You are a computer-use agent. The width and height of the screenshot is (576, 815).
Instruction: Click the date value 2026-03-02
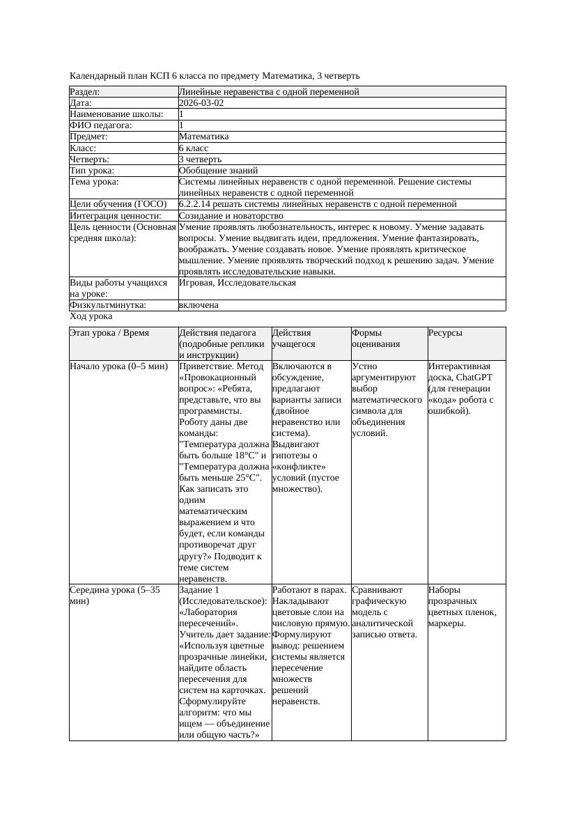(x=201, y=103)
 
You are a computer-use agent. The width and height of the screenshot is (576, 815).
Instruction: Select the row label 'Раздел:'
(x=85, y=92)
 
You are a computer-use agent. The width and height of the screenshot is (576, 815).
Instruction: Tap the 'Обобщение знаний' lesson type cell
(x=218, y=171)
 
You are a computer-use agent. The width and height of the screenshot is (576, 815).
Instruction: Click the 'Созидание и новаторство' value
(x=231, y=216)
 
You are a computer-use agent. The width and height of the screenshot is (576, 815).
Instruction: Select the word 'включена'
(x=199, y=305)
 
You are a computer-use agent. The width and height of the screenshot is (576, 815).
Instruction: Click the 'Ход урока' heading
(x=91, y=316)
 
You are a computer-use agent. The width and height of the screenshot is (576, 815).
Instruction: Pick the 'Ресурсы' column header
(x=445, y=334)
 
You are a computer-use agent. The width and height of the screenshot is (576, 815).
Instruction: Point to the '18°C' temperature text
(x=247, y=456)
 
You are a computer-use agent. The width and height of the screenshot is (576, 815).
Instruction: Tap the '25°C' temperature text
(x=247, y=478)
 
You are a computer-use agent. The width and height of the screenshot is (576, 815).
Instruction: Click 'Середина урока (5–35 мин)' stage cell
(x=115, y=595)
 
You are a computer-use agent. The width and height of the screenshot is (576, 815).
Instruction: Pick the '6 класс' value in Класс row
(x=194, y=148)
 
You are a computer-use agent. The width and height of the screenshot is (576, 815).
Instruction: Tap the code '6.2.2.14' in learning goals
(x=199, y=204)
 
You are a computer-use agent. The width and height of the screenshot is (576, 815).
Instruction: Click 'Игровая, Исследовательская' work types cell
(x=237, y=283)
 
